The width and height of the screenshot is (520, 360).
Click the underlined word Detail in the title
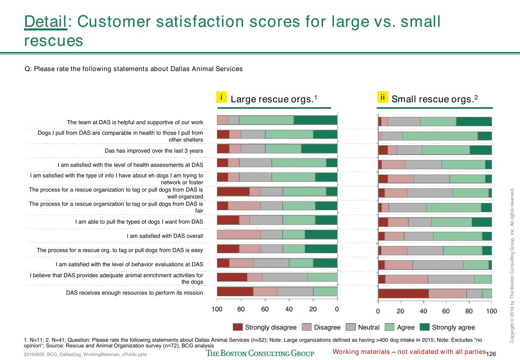(x=45, y=22)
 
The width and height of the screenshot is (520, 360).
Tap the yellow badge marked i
(x=221, y=97)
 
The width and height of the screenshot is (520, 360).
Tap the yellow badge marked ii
(x=383, y=97)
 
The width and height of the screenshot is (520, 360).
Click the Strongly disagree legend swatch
(x=238, y=327)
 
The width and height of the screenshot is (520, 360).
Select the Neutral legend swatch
(x=351, y=327)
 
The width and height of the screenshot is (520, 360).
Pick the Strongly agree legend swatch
(x=425, y=327)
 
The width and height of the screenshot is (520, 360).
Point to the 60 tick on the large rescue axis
(x=265, y=301)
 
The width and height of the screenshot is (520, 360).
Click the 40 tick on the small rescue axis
(x=423, y=302)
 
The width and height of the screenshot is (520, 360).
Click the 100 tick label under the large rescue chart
(x=217, y=309)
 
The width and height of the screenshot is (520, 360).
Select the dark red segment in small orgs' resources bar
(x=403, y=294)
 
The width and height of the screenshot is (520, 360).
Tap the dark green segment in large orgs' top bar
(x=316, y=120)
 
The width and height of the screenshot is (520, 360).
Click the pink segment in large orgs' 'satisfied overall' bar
(x=238, y=235)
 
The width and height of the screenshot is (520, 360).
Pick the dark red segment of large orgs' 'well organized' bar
(x=233, y=192)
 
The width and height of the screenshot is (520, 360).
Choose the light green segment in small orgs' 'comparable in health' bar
(x=440, y=136)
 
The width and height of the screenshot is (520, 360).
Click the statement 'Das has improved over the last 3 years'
(x=154, y=151)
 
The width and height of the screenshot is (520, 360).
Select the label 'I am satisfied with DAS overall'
(x=165, y=236)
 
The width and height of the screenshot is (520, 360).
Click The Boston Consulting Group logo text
(x=260, y=353)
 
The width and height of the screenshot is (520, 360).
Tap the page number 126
(x=491, y=354)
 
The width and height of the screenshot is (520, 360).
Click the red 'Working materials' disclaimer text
(x=409, y=351)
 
